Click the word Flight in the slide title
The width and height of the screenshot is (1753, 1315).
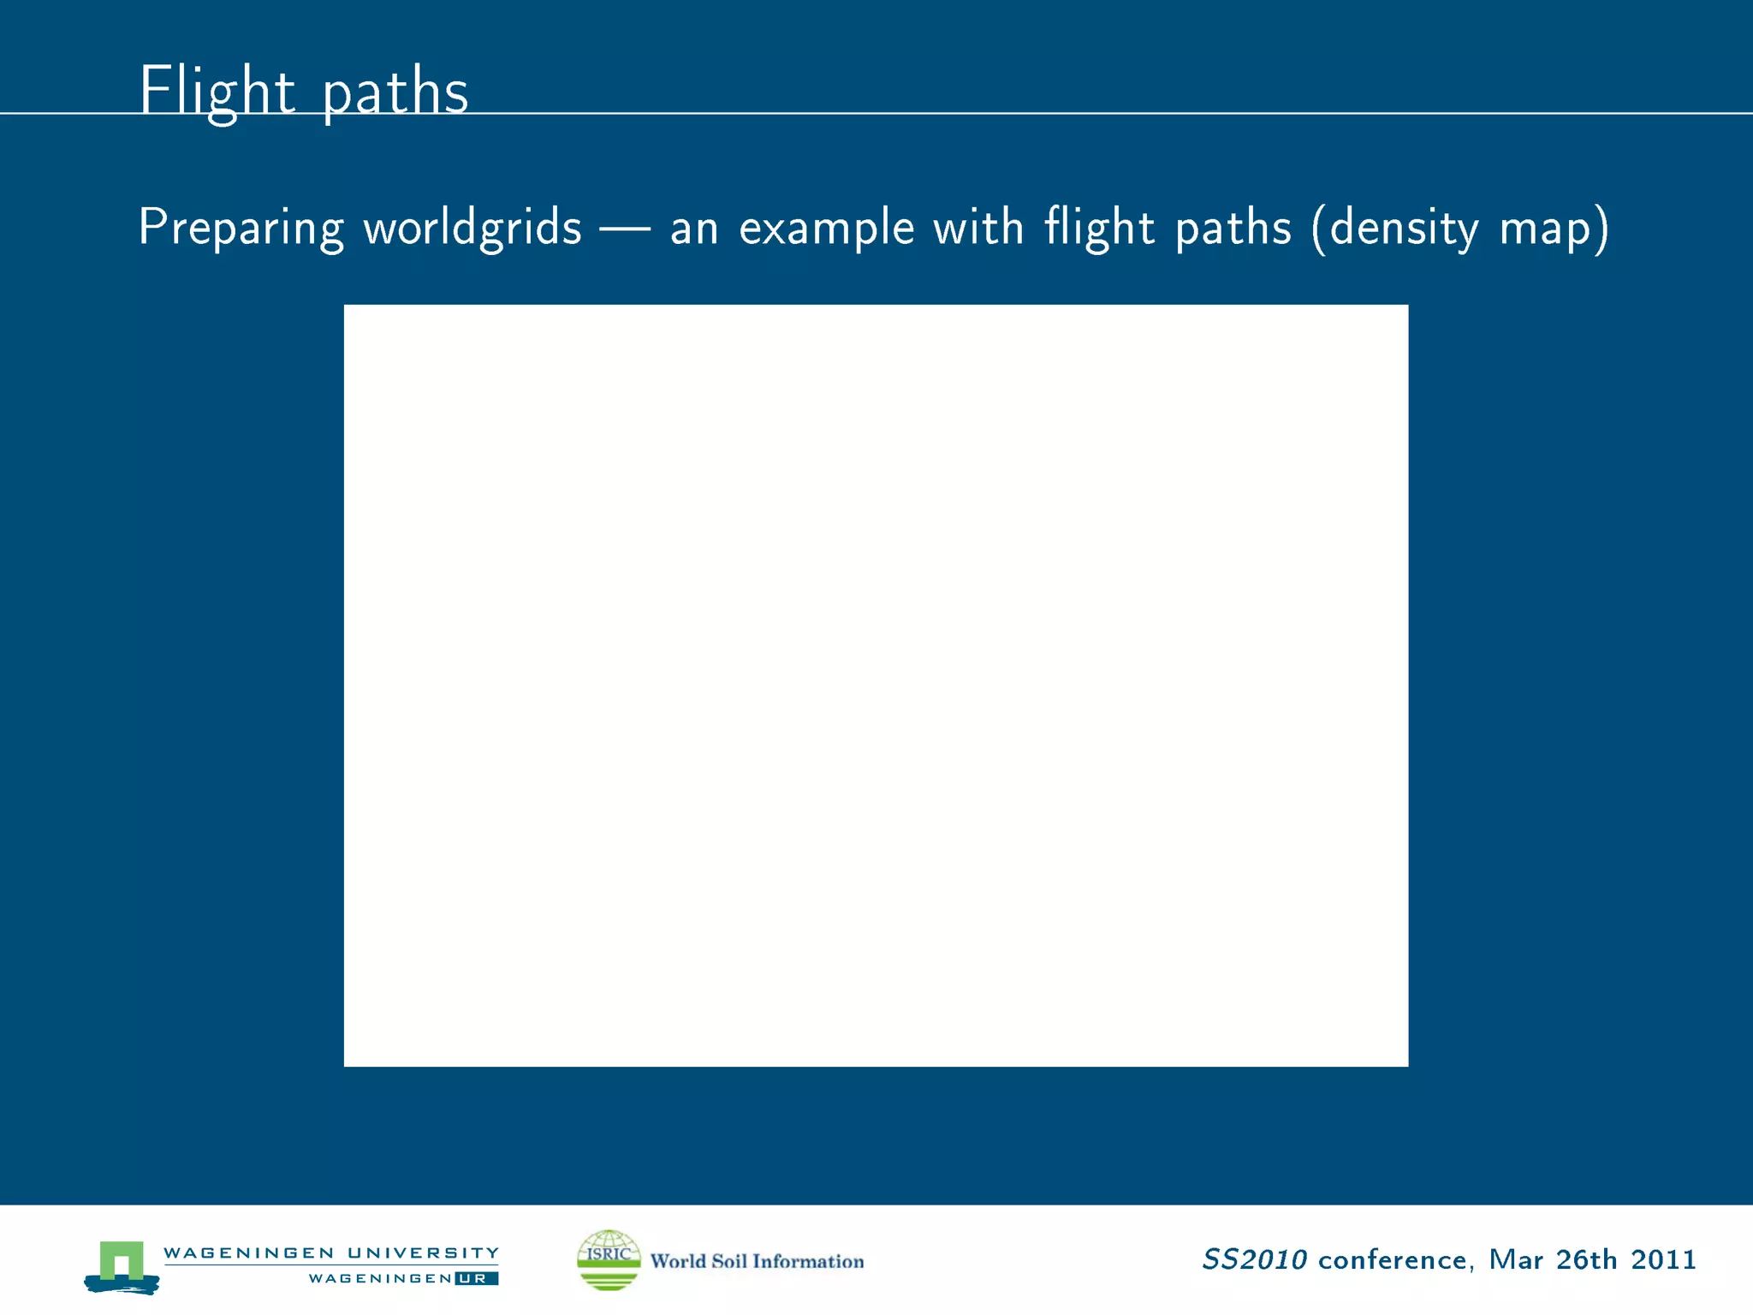217,91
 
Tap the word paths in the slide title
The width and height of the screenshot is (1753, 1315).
395,92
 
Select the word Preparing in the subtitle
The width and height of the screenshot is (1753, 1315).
241,228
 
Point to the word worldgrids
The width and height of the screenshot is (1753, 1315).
472,228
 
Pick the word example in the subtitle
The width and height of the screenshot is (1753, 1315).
826,228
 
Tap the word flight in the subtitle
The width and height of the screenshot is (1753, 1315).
1099,228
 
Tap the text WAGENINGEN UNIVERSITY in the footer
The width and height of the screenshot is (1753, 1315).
331,1253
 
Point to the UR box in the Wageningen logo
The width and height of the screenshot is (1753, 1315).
476,1278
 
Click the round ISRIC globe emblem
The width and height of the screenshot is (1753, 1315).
609,1259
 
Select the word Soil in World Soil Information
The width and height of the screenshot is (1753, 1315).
728,1261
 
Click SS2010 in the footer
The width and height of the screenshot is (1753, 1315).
1254,1259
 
